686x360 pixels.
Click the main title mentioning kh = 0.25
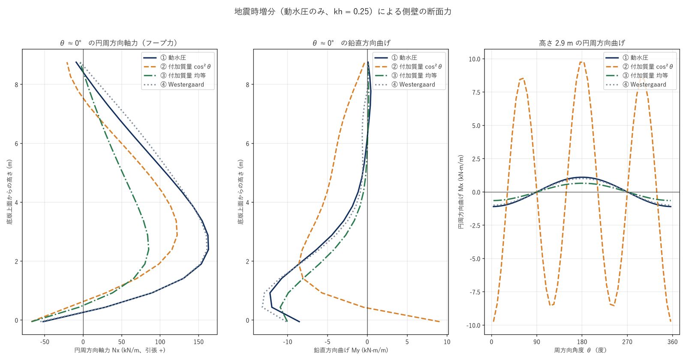pos(343,12)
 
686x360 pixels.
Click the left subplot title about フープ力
pos(119,43)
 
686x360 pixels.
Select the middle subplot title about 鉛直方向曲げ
pos(351,43)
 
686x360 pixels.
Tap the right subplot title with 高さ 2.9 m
pos(582,43)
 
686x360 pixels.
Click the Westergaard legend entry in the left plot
pos(182,84)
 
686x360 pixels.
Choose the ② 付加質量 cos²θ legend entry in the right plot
pos(647,66)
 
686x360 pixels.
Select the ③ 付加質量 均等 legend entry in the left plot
pos(183,75)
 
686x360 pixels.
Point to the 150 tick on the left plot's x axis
pos(199,342)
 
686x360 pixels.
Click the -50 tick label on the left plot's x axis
pos(45,342)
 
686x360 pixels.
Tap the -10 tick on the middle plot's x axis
pos(287,342)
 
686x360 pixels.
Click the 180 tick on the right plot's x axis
pos(582,342)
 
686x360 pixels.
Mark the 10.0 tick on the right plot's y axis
pos(474,59)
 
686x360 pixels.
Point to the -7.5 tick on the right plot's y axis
pos(474,292)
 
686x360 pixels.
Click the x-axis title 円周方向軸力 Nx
pos(120,350)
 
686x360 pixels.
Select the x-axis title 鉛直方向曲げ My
pos(351,350)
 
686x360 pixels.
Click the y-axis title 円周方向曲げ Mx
pos(460,192)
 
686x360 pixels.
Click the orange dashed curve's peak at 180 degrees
pos(582,62)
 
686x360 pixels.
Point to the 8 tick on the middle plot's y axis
pos(247,84)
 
